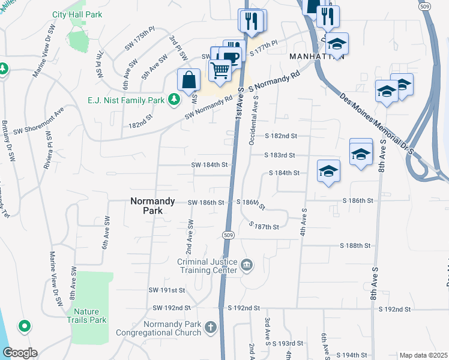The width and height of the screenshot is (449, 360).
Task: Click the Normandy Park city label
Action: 153,207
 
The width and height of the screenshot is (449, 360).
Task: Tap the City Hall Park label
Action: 77,14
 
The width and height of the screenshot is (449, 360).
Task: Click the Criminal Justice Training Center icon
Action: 247,265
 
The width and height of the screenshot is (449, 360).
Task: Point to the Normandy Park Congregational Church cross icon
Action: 210,328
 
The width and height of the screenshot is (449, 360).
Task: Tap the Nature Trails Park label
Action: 90,316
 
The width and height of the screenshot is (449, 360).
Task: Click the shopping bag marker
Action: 188,80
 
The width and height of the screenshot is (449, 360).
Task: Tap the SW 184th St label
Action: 210,164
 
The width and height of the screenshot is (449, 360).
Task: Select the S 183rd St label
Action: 280,155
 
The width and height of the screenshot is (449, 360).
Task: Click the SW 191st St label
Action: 167,290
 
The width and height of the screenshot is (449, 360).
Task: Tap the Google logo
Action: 20,353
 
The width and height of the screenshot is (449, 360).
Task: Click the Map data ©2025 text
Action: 423,355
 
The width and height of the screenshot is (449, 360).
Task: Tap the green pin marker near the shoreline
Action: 24,326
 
